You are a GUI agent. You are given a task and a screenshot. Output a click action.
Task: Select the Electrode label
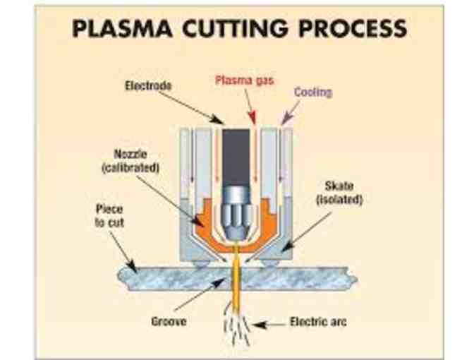[147, 86]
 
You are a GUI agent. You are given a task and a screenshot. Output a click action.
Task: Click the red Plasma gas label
[243, 80]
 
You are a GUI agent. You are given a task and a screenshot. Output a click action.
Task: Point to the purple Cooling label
[312, 92]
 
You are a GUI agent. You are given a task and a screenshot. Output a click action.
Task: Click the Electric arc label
[317, 323]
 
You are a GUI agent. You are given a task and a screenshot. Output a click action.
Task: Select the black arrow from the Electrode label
[197, 106]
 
